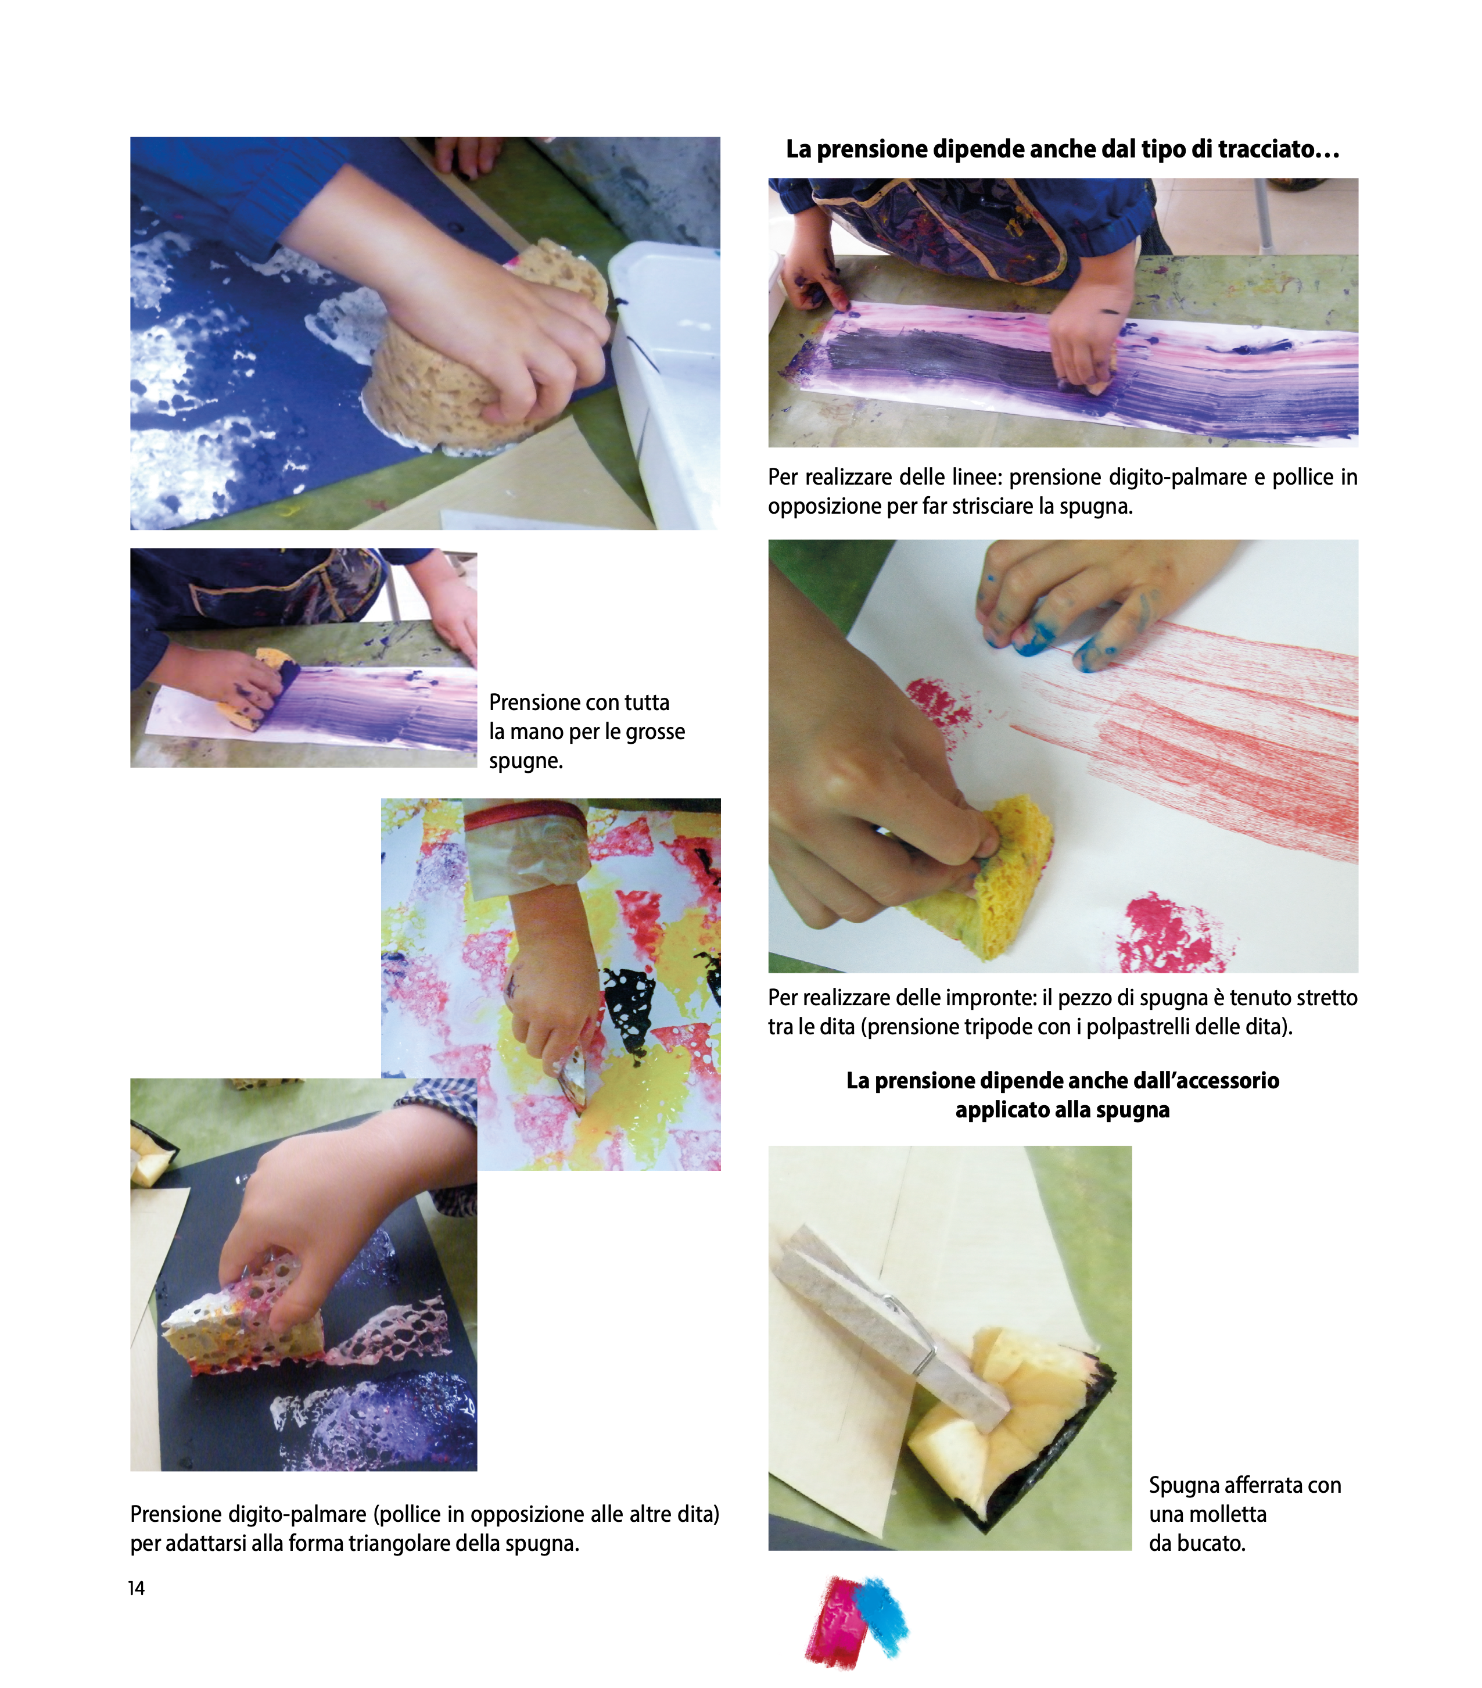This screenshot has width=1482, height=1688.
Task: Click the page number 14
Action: click(x=136, y=1588)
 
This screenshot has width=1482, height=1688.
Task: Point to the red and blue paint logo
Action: click(x=857, y=1621)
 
